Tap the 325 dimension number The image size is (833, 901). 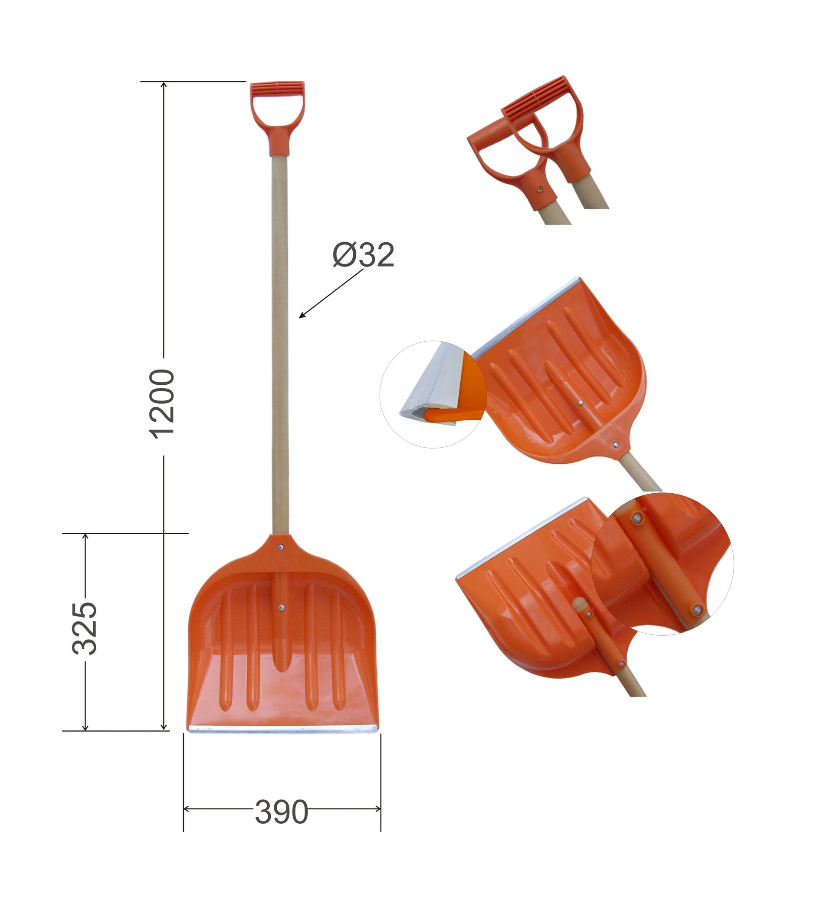point(84,628)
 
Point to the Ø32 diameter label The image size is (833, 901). point(363,255)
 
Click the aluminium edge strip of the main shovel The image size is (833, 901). point(282,729)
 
